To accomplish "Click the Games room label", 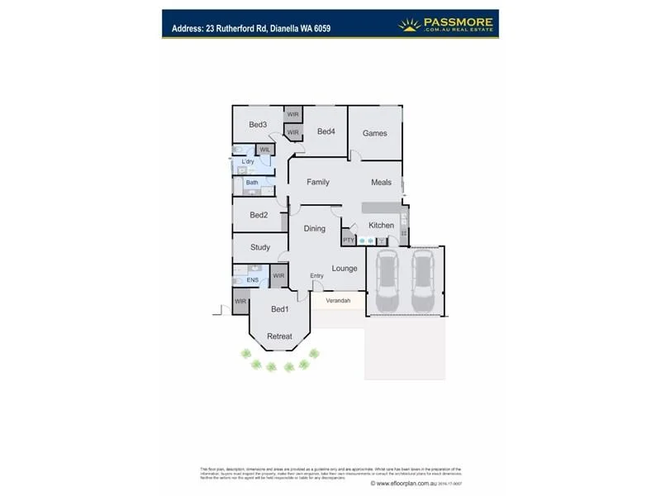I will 374,133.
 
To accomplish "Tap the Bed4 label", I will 326,131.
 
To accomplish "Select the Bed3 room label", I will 258,125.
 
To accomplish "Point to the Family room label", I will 318,182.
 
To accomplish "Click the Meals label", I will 381,182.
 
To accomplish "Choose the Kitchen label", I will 381,225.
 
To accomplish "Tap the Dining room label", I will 315,228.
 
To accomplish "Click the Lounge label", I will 345,268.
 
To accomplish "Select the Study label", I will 260,247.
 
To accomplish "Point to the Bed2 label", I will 259,215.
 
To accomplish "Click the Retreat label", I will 280,336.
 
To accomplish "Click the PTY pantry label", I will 349,240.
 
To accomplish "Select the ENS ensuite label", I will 253,280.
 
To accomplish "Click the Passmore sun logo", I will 410,24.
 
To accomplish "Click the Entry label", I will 316,275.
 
